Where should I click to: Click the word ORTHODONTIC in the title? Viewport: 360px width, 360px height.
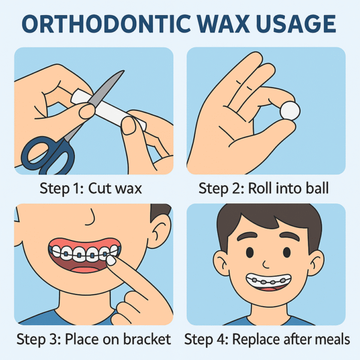(106, 23)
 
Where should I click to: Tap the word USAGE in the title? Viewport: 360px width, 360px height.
(296, 23)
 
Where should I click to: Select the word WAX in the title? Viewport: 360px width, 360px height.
(223, 23)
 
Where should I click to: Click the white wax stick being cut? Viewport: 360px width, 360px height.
(108, 108)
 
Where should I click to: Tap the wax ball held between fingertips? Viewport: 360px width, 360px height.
(290, 111)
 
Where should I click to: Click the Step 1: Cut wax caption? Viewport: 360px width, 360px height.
(91, 188)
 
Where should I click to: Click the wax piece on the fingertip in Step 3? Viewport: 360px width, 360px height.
(111, 260)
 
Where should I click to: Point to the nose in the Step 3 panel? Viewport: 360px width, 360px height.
(91, 218)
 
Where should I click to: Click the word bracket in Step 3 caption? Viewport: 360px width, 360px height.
(147, 339)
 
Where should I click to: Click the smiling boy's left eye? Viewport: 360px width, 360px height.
(250, 252)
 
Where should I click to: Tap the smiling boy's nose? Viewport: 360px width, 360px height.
(266, 265)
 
